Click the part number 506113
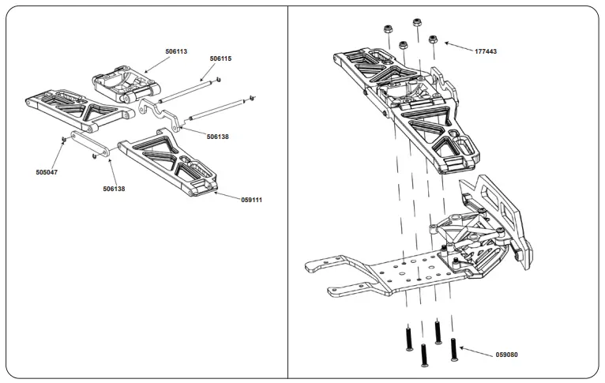pyautogui.click(x=176, y=51)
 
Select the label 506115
pyautogui.click(x=220, y=58)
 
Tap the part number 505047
pyautogui.click(x=47, y=171)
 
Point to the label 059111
pyautogui.click(x=251, y=200)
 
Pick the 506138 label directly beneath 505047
pyautogui.click(x=114, y=189)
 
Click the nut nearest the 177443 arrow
pyautogui.click(x=433, y=39)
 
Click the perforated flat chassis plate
pyautogui.click(x=395, y=276)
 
